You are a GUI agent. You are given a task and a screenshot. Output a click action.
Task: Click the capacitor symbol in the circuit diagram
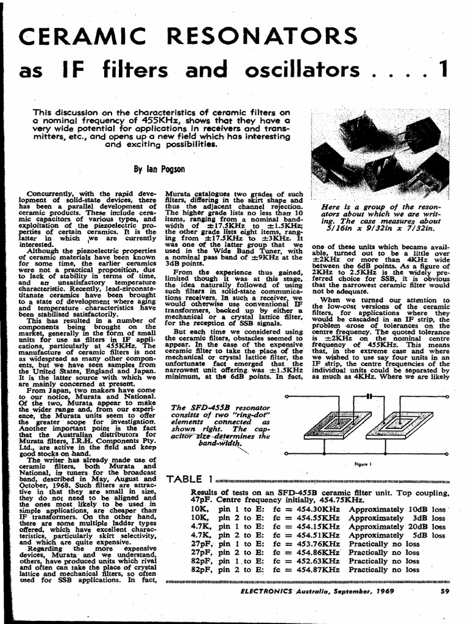(368, 396)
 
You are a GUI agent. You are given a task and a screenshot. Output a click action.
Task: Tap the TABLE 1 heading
(189, 479)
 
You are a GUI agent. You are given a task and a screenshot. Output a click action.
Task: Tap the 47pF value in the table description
(202, 500)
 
